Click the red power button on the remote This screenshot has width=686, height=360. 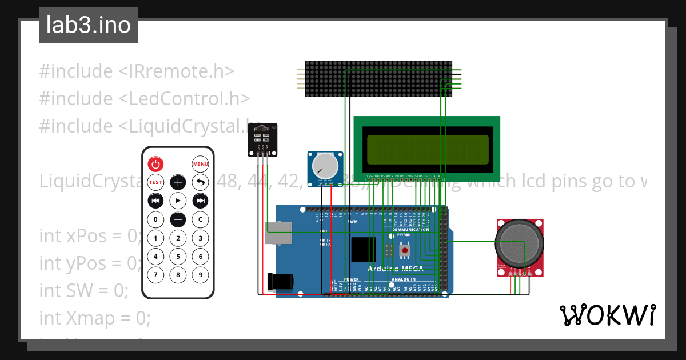(155, 164)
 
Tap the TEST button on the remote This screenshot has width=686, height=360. (155, 182)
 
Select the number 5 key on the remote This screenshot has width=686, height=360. (178, 257)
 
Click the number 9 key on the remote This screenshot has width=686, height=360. (200, 275)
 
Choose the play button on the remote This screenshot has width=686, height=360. (178, 201)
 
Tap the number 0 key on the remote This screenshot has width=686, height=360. (155, 219)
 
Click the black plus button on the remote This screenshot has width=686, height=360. (178, 182)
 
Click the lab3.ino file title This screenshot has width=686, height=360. (89, 25)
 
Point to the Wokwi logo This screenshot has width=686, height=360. (607, 315)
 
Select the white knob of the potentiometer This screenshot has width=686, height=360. (325, 166)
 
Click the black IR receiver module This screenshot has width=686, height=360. (262, 139)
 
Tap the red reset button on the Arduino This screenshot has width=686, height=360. (405, 250)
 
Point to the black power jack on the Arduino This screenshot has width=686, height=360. (282, 281)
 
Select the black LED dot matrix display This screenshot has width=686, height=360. (378, 78)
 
